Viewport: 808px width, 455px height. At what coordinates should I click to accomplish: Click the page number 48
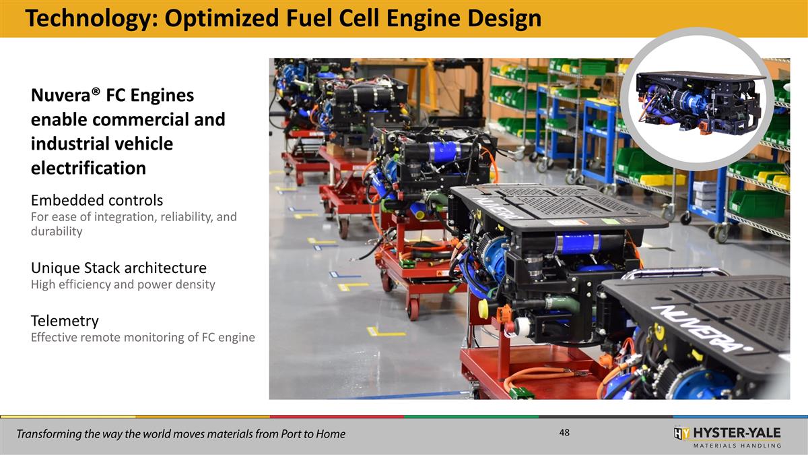click(x=564, y=433)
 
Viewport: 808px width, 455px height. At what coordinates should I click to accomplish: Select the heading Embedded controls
click(x=97, y=200)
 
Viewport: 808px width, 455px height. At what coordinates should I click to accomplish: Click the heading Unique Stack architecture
click(x=119, y=268)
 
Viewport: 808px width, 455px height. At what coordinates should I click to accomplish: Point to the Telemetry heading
click(x=65, y=320)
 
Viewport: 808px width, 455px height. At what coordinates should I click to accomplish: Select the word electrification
click(x=88, y=168)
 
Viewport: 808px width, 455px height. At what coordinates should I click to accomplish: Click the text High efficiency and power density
click(x=123, y=284)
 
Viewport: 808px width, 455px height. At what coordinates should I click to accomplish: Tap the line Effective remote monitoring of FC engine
click(x=143, y=337)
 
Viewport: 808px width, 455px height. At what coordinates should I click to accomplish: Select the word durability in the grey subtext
click(x=57, y=231)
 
